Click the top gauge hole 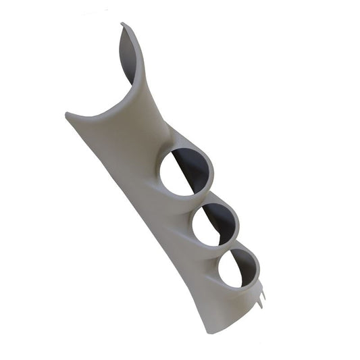coord(186,172)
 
